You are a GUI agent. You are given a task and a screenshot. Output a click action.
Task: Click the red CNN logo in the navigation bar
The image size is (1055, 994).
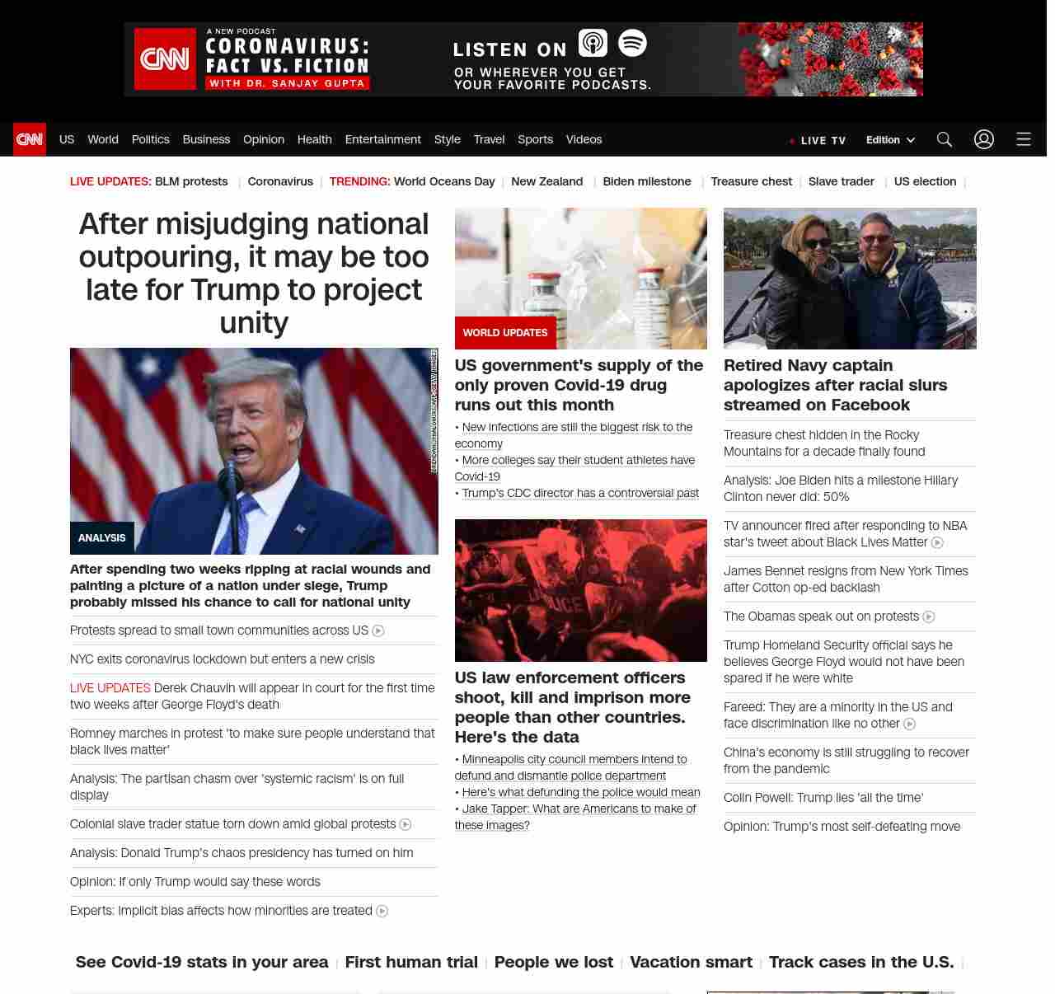click(x=30, y=139)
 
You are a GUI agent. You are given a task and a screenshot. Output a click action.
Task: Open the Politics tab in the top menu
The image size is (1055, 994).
click(x=150, y=139)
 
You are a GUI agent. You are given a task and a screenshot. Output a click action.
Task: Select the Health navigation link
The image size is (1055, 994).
click(x=314, y=139)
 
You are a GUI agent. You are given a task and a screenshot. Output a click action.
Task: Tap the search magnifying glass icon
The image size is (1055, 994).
click(x=944, y=139)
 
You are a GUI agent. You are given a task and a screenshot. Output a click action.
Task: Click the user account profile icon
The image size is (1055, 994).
click(x=983, y=139)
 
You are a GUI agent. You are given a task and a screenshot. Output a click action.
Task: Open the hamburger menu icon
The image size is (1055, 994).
click(x=1023, y=139)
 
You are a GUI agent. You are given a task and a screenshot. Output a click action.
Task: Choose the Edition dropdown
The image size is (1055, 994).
click(x=890, y=140)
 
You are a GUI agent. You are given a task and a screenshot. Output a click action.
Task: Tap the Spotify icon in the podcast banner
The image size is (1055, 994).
click(x=632, y=43)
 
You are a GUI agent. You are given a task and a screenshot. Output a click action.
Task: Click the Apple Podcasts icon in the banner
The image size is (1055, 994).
click(x=593, y=43)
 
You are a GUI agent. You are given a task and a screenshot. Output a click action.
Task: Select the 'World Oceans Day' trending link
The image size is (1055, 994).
click(x=443, y=181)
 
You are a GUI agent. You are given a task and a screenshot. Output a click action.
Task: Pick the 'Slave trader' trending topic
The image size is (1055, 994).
click(x=841, y=181)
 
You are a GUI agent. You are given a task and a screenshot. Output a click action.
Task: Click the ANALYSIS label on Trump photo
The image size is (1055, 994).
click(x=102, y=537)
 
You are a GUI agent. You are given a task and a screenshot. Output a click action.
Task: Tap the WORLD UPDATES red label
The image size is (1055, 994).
click(x=504, y=333)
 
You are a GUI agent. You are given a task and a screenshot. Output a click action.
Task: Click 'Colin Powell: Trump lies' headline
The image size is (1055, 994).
click(x=823, y=797)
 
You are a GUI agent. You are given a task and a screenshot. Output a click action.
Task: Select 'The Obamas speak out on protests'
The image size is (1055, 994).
click(x=821, y=616)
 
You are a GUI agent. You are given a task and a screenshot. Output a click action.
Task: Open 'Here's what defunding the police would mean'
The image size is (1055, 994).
click(x=580, y=792)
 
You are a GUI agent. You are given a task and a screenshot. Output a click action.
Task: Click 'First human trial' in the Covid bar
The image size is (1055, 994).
click(x=411, y=962)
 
